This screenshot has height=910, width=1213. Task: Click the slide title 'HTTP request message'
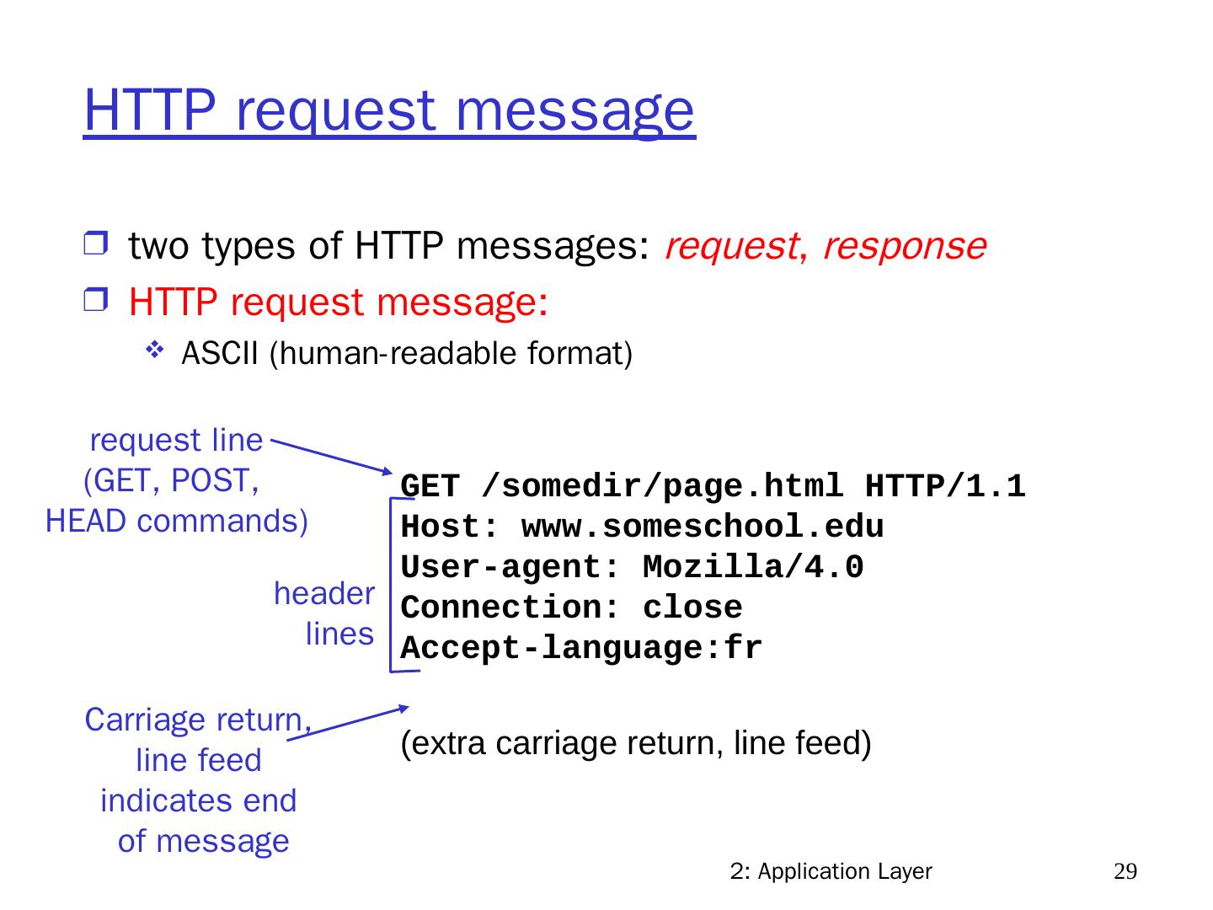tap(389, 110)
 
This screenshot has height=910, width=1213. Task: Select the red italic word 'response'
tap(904, 246)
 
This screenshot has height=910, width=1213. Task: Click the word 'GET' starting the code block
tap(430, 487)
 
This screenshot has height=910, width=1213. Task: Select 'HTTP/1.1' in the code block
tap(945, 487)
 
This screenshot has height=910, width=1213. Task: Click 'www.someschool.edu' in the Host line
tap(703, 527)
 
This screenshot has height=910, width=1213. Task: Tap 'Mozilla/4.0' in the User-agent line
tap(753, 568)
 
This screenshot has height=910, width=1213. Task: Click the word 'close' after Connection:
tap(692, 608)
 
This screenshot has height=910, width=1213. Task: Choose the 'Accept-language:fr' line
tap(581, 649)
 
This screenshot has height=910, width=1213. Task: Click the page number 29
tap(1125, 871)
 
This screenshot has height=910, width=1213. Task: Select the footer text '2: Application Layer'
tap(831, 871)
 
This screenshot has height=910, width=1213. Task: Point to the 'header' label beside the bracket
tap(324, 594)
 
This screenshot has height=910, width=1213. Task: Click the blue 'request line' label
tap(176, 440)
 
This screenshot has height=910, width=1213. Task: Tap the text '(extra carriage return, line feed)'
tap(636, 744)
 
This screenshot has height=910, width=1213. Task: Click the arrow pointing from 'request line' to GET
tap(332, 456)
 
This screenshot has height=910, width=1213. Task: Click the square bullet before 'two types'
tap(95, 246)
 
